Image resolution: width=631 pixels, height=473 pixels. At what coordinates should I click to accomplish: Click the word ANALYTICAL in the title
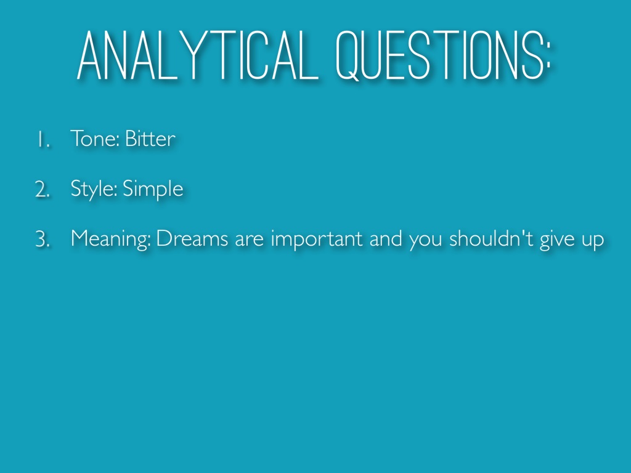pos(198,55)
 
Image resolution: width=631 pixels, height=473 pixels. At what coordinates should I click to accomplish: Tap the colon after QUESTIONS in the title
pos(547,61)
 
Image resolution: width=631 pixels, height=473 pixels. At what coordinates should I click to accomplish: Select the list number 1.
pos(44,140)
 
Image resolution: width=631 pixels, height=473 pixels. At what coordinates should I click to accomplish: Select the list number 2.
pos(43,189)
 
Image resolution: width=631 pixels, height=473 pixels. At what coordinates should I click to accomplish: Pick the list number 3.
pos(43,239)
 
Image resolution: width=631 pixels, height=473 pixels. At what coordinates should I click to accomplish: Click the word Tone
pos(94,139)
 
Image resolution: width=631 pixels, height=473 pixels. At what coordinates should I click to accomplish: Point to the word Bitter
pos(150,139)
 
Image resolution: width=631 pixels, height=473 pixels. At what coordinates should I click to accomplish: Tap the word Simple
pos(153,189)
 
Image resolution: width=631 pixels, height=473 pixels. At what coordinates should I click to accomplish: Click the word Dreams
pos(192,238)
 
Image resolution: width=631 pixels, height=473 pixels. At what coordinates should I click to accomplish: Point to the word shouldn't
pos(491,238)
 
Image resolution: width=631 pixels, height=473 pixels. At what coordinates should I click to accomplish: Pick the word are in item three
pos(249,241)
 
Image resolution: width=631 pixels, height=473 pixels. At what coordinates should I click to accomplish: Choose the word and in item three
pos(386,238)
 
